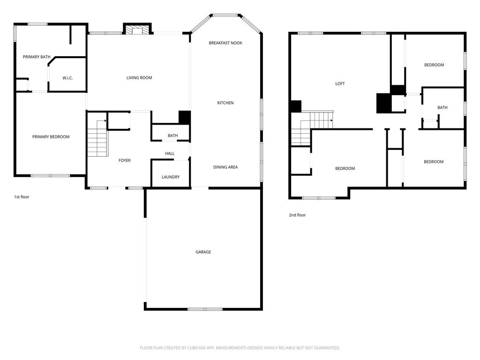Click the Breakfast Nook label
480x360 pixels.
pyautogui.click(x=225, y=43)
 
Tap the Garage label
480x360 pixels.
pyautogui.click(x=203, y=252)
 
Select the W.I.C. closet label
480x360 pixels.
pyautogui.click(x=67, y=78)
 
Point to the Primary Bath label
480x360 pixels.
pyautogui.click(x=37, y=57)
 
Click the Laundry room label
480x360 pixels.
pyautogui.click(x=171, y=177)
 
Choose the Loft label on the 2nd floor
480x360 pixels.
pyautogui.click(x=340, y=83)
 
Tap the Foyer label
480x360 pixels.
pyautogui.click(x=125, y=160)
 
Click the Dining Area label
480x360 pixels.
pyautogui.click(x=225, y=167)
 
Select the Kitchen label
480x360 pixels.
pyautogui.click(x=225, y=103)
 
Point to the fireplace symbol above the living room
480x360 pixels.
pyautogui.click(x=137, y=30)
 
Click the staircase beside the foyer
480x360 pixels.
pyautogui.click(x=97, y=138)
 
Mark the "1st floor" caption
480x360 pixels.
pyautogui.click(x=22, y=197)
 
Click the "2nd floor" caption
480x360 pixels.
pyautogui.click(x=297, y=215)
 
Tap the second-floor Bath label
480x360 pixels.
pyautogui.click(x=442, y=107)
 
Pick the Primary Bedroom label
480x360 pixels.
pyautogui.click(x=51, y=137)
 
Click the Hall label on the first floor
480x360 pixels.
pyautogui.click(x=170, y=153)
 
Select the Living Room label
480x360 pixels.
pyautogui.click(x=139, y=78)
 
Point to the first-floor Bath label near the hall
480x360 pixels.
pyautogui.click(x=172, y=135)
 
